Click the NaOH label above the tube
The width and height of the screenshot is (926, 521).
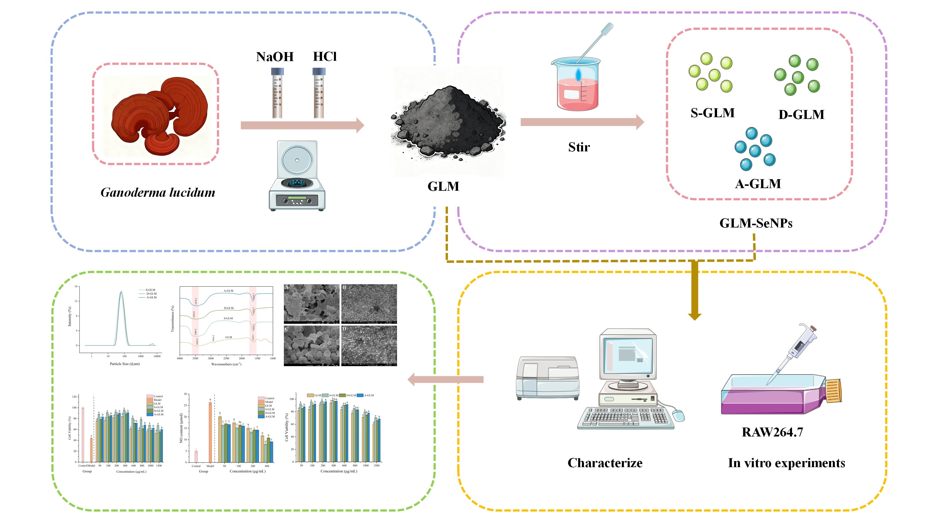(x=275, y=57)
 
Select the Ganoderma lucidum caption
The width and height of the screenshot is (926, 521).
(x=158, y=192)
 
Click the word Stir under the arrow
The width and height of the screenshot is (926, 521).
(x=579, y=147)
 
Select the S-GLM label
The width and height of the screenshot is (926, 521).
(x=712, y=113)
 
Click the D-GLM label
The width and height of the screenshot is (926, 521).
(x=801, y=115)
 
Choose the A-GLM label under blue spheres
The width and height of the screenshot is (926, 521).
(x=758, y=184)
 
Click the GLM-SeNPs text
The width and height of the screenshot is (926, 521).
(x=756, y=223)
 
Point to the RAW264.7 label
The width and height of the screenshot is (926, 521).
(x=772, y=432)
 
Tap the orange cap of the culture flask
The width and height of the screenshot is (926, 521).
(x=833, y=391)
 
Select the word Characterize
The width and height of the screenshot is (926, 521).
(x=605, y=463)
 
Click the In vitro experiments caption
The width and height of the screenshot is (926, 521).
(x=786, y=463)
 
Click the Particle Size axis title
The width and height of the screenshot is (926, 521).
(x=125, y=364)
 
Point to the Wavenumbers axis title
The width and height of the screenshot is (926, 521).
(x=226, y=364)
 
